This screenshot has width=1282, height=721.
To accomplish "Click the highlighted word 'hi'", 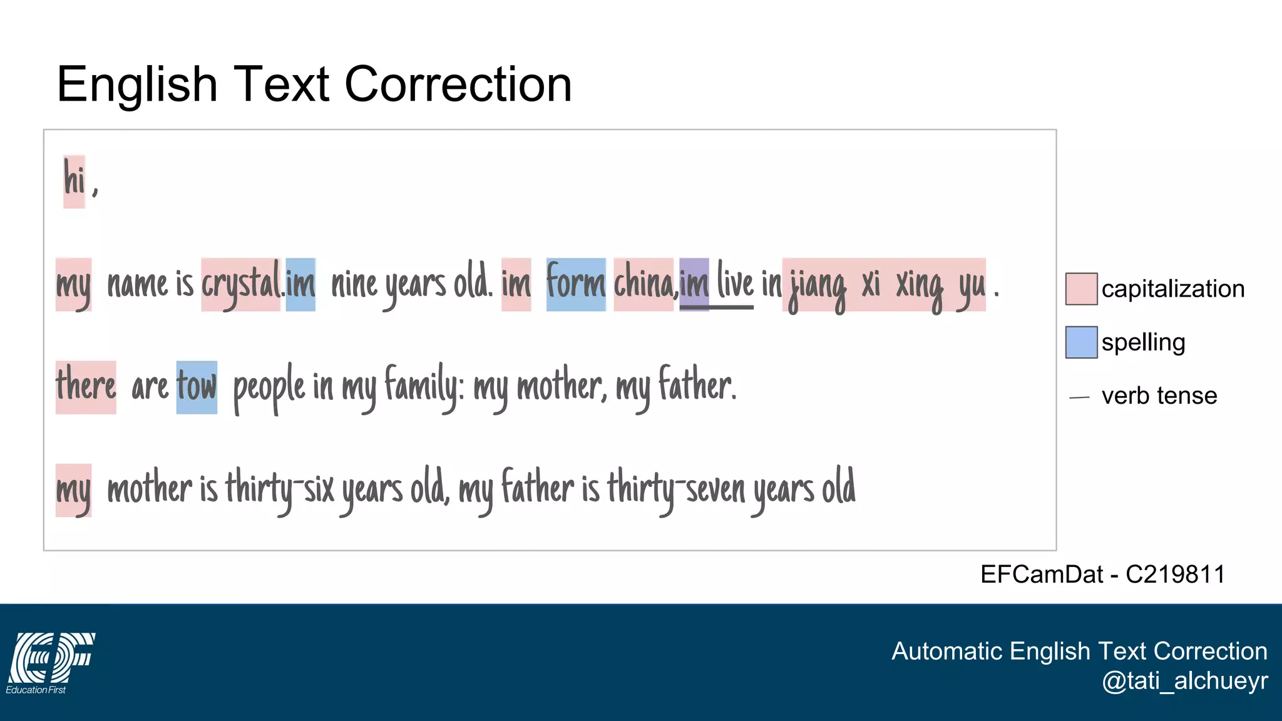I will point(74,182).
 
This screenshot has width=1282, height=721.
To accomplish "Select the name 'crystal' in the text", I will point(241,285).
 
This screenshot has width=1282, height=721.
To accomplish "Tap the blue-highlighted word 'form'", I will point(576,284).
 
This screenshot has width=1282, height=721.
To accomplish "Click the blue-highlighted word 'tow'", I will point(197,387).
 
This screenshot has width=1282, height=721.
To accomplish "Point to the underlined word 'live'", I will point(735,283).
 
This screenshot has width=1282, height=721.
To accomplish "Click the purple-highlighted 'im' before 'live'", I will point(694,284).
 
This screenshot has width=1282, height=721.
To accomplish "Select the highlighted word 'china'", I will point(644,284).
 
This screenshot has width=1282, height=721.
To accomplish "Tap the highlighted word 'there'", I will point(86,387).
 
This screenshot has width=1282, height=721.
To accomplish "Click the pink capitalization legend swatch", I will point(1081,289).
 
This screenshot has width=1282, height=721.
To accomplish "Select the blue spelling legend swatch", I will point(1081,342).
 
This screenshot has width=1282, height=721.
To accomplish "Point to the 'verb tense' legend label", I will point(1159,396).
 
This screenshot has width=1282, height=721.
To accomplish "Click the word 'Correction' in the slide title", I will point(458,84).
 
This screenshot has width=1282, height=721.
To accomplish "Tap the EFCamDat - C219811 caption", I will point(1102,574).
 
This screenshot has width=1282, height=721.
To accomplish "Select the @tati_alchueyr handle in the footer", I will point(1184,680).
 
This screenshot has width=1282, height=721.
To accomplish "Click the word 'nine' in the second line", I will point(354,285).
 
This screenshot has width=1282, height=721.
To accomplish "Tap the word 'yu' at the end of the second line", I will point(971,287).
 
